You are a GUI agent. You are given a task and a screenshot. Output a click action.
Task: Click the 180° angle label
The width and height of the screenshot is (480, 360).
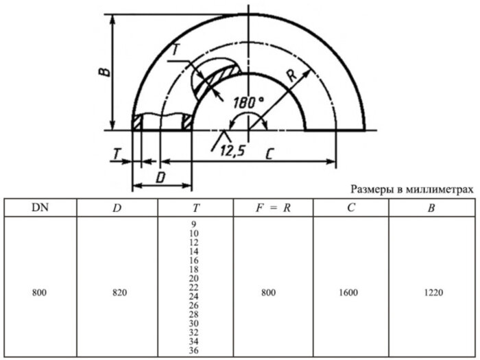point(248,102)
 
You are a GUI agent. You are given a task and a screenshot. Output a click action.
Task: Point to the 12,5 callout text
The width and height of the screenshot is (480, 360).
point(232,152)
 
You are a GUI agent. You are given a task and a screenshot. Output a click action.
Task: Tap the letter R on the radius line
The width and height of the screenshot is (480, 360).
point(291,77)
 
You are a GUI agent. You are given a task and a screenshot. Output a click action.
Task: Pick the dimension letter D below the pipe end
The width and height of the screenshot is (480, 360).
point(160,178)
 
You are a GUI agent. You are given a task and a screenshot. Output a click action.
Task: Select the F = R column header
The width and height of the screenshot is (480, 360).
point(274,208)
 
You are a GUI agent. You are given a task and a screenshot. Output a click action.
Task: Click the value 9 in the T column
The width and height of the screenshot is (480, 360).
point(194,225)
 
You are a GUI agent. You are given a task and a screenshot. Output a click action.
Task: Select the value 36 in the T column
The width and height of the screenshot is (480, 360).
point(193,350)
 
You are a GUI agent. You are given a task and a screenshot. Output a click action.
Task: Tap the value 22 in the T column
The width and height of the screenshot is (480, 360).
point(193,287)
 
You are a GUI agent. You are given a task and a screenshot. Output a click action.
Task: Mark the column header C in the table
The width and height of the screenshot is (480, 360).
point(350,208)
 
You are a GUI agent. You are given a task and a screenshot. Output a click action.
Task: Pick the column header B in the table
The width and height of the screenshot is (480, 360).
point(431,208)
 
